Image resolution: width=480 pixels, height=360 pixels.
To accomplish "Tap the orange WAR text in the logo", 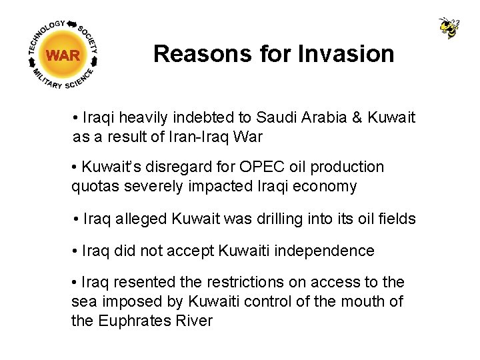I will coord(63,55).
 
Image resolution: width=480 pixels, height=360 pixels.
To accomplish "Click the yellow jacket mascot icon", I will coord(449,27).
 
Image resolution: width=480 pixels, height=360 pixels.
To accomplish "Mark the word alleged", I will coord(141,219).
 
